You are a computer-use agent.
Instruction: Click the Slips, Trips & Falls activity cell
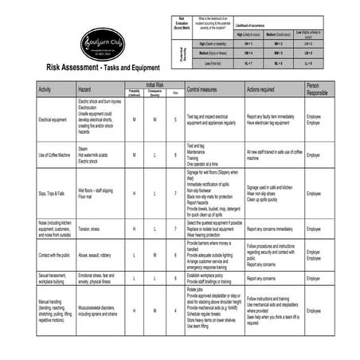[53, 192]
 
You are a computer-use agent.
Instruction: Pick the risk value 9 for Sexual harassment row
[175, 279]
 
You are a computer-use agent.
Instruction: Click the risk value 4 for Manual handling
[175, 310]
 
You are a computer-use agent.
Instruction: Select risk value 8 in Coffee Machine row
[175, 155]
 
